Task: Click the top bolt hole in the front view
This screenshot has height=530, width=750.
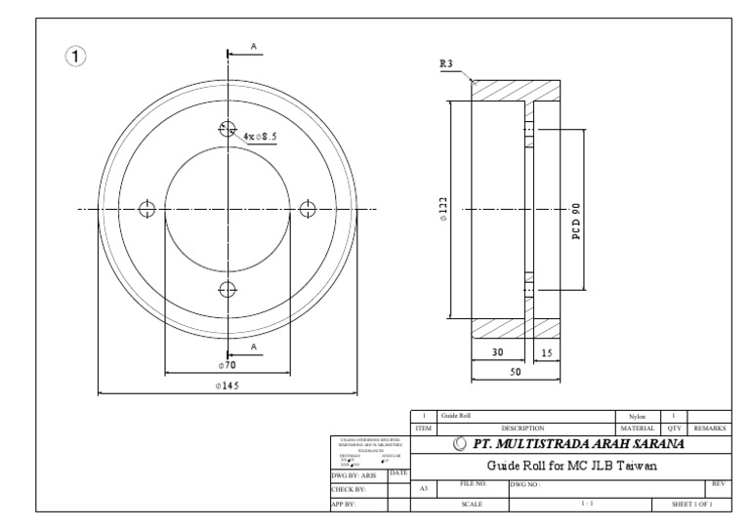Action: (228, 128)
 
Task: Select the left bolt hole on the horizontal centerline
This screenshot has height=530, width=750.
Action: (147, 208)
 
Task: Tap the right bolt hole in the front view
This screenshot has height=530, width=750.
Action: (309, 208)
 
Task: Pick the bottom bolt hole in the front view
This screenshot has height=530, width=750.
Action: (228, 289)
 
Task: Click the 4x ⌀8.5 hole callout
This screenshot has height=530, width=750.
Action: (262, 137)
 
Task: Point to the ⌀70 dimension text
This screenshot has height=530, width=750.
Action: (228, 364)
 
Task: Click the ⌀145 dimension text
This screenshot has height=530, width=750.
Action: (228, 386)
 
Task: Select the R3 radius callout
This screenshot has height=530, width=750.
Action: (447, 64)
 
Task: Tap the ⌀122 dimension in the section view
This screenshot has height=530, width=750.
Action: (443, 209)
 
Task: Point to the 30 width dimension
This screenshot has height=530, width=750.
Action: (499, 352)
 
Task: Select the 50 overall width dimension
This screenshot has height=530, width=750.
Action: (514, 373)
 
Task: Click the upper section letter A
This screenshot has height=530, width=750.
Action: (252, 46)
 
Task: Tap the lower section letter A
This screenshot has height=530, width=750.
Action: (252, 347)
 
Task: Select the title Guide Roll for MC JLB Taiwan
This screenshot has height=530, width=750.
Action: (570, 466)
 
